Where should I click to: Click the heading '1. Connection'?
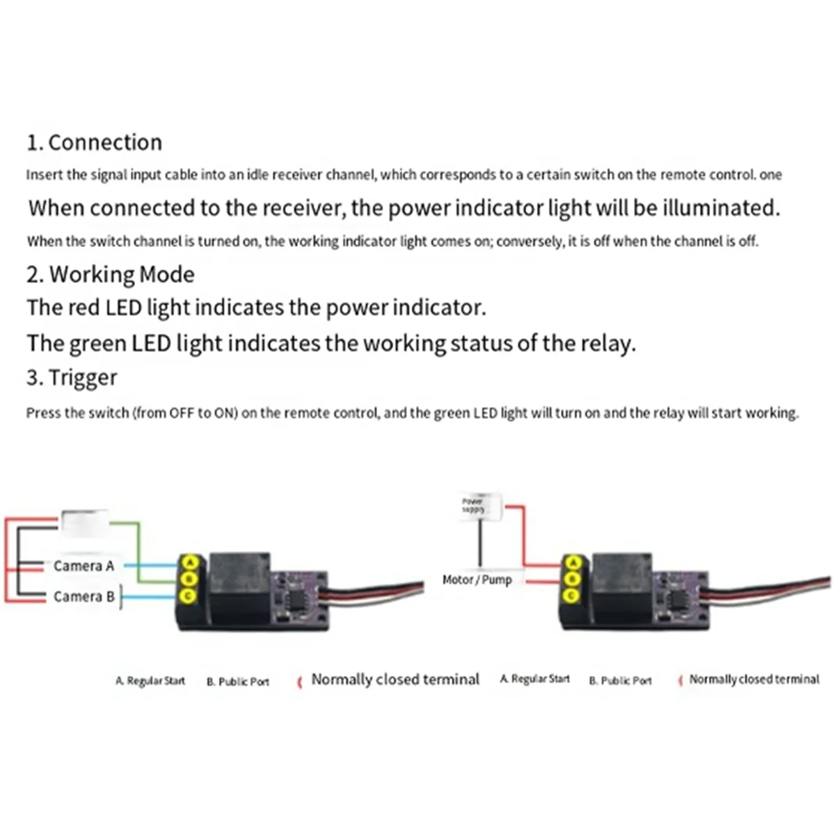[94, 143]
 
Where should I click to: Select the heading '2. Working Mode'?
[110, 274]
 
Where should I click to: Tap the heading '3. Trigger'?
[72, 378]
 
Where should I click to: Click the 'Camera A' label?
[83, 566]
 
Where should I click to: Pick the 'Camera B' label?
[83, 596]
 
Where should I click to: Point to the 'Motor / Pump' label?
[477, 580]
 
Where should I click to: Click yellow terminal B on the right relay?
[572, 578]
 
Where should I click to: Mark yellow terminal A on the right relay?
[572, 562]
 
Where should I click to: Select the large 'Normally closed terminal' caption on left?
[395, 679]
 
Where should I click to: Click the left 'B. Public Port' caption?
[237, 681]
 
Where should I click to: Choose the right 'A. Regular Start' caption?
[534, 678]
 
